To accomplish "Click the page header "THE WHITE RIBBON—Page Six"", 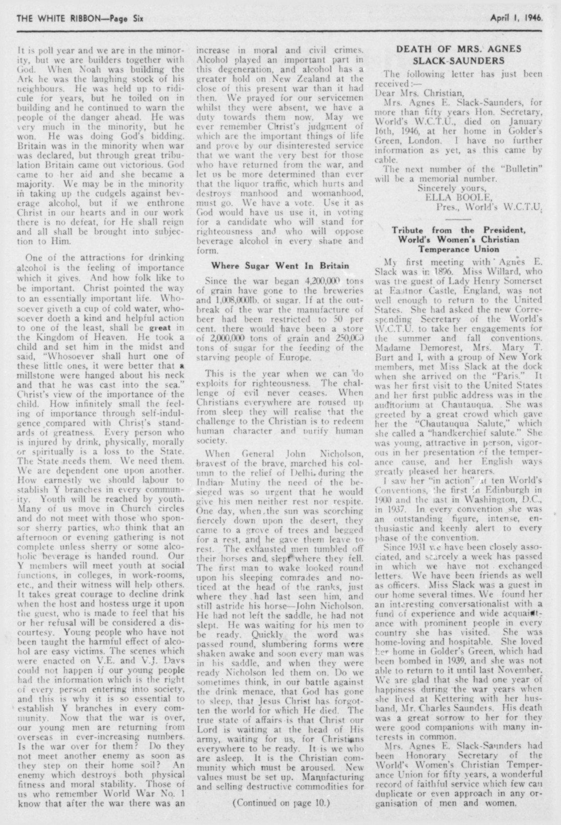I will (81, 19).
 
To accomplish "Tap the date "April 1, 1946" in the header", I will (516, 19).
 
